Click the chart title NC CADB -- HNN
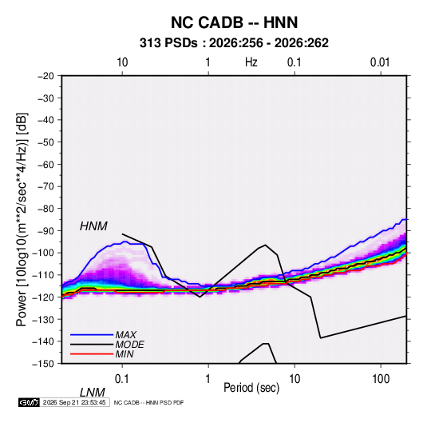[234, 22]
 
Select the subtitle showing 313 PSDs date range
[234, 43]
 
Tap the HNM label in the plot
[93, 226]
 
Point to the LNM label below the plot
[92, 393]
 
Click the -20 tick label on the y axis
[45, 76]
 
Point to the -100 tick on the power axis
[43, 253]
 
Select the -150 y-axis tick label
[43, 364]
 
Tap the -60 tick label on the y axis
[45, 164]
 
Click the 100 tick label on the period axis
[381, 379]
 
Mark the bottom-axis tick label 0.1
[122, 379]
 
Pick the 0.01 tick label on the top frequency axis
[380, 62]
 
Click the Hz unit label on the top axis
[251, 62]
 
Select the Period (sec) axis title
[251, 388]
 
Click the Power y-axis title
[22, 220]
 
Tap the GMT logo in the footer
[29, 402]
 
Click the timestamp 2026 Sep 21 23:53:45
[74, 402]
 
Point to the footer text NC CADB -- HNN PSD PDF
[148, 402]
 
